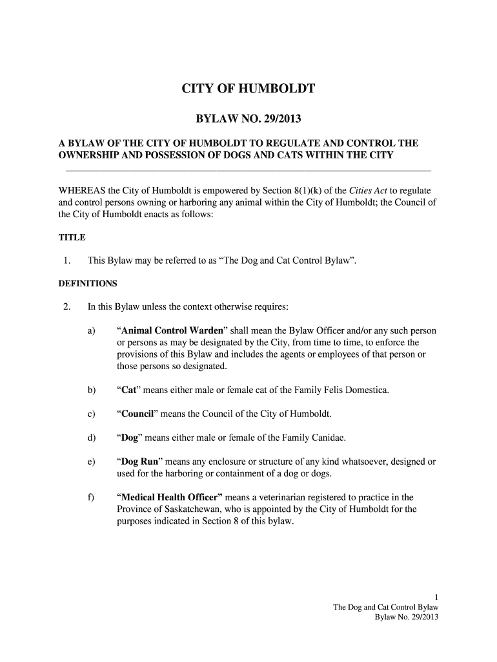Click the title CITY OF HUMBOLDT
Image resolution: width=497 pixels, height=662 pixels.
(x=248, y=89)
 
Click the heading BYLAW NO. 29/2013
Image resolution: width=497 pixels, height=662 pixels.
(x=249, y=120)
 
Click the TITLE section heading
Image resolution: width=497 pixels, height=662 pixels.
(x=72, y=237)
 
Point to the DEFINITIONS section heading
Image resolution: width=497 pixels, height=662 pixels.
(x=88, y=283)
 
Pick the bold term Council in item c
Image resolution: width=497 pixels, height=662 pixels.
(x=139, y=414)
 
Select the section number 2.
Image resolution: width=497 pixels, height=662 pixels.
(x=66, y=306)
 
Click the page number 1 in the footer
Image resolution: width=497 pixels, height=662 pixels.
(x=436, y=597)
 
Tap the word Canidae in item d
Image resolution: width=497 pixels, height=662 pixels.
(x=324, y=438)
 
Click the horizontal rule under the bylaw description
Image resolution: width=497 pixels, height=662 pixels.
(x=249, y=170)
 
